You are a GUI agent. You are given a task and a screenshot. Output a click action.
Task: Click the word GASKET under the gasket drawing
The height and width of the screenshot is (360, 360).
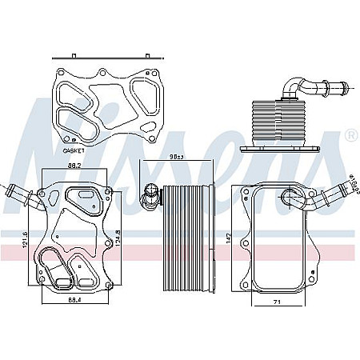click(74, 150)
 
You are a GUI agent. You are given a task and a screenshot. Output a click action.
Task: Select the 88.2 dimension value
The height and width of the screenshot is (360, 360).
click(75, 166)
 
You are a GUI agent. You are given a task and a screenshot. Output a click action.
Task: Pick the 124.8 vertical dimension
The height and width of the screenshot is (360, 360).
click(119, 238)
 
